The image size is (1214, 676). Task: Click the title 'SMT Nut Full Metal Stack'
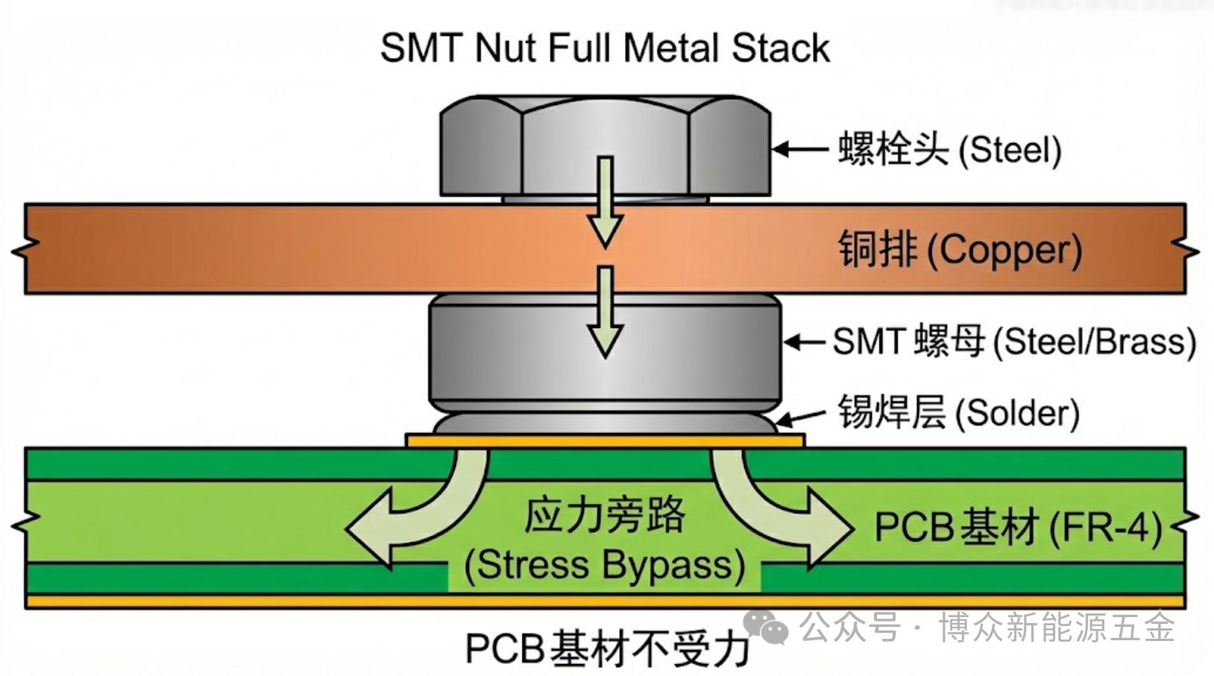pyautogui.click(x=605, y=48)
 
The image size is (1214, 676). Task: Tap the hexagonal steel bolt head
pyautogui.click(x=522, y=149)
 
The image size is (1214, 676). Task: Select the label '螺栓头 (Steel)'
pyautogui.click(x=949, y=149)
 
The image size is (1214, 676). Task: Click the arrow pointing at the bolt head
pyautogui.click(x=800, y=149)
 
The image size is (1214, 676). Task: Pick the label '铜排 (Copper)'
pyautogui.click(x=960, y=250)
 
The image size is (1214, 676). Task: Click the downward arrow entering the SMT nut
pyautogui.click(x=605, y=313)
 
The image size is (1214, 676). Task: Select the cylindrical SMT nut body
pyautogui.click(x=507, y=350)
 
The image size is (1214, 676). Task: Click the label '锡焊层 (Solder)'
pyautogui.click(x=959, y=413)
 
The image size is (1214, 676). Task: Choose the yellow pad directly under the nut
pyautogui.click(x=605, y=440)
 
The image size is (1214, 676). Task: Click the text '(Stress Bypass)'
pyautogui.click(x=605, y=565)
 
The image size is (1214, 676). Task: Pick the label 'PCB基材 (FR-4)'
pyautogui.click(x=1018, y=528)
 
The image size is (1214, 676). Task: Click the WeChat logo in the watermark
pyautogui.click(x=766, y=626)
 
